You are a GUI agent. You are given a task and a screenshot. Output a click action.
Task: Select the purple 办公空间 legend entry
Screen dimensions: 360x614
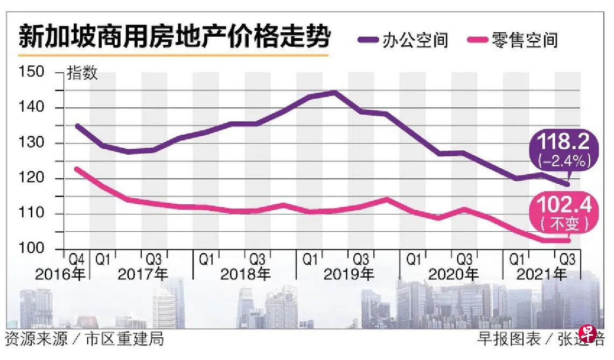[404, 40]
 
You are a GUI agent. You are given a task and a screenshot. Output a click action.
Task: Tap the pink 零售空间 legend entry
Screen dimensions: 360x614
[514, 40]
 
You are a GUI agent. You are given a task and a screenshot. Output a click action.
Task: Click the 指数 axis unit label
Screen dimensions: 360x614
[82, 74]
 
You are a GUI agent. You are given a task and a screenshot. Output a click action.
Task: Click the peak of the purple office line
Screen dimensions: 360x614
[335, 92]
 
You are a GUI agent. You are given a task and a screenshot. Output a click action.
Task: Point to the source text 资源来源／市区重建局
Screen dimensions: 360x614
[83, 339]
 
